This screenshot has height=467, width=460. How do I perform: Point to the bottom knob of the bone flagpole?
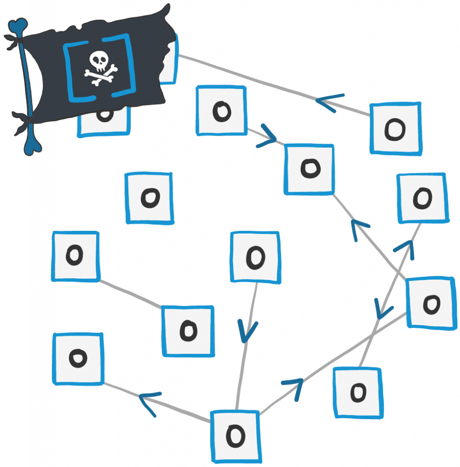click(x=32, y=145)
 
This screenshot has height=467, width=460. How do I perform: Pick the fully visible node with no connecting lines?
click(x=149, y=198)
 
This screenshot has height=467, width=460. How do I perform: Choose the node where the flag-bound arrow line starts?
click(x=395, y=129)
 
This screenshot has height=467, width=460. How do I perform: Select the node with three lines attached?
click(x=235, y=436)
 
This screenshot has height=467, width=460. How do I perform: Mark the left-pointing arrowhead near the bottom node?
click(x=150, y=403)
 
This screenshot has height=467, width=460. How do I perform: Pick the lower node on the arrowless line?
click(x=188, y=330)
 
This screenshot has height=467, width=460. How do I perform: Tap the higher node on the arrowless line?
click(x=75, y=256)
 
